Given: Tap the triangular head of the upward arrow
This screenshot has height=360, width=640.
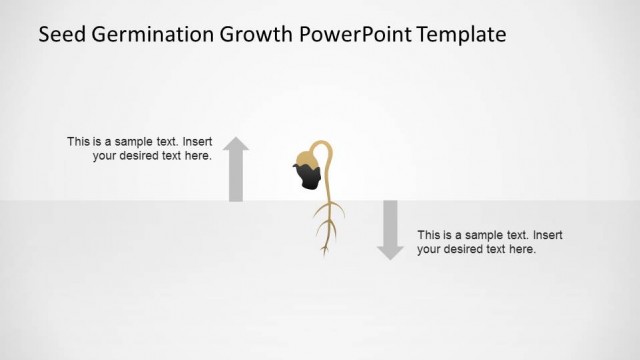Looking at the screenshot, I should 235,147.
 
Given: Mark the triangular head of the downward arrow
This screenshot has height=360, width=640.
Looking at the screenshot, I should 390,251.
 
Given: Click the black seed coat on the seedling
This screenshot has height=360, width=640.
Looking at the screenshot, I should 308,176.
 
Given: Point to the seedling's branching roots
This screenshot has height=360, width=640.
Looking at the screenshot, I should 326,225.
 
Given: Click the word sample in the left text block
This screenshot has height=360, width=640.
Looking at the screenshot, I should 134,142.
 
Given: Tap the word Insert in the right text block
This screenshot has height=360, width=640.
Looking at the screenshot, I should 548,235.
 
